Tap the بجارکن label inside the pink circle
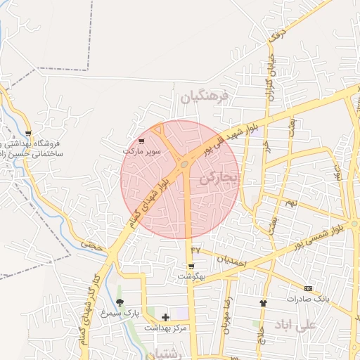click(x=219, y=177)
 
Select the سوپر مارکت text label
click(x=142, y=150)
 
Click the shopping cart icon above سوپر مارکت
click(x=142, y=142)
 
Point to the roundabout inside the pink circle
click(x=184, y=165)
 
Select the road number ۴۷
click(x=195, y=250)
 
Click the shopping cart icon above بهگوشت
click(x=191, y=266)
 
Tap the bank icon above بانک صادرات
click(x=308, y=288)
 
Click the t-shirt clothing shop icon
click(x=263, y=303)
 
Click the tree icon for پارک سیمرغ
click(x=120, y=302)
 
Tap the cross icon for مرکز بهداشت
click(x=165, y=318)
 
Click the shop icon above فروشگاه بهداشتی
click(x=28, y=133)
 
